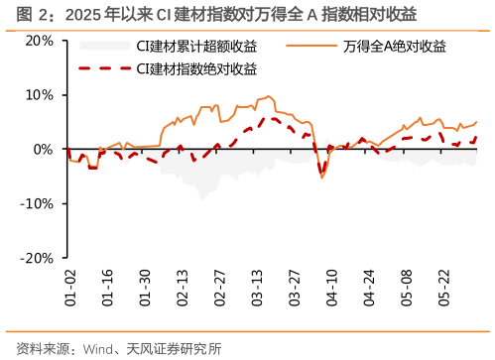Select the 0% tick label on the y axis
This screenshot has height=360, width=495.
coord(43,150)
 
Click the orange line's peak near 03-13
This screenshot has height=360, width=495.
coord(270,96)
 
